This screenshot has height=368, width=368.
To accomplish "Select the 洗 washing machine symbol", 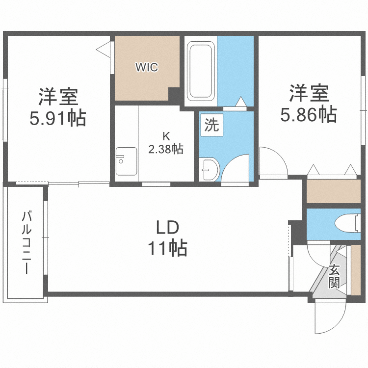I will (x=211, y=125).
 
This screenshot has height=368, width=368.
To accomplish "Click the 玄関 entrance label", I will (x=334, y=276).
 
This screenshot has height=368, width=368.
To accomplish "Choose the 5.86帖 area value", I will (x=308, y=115).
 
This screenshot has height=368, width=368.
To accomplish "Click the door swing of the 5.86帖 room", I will (x=273, y=159).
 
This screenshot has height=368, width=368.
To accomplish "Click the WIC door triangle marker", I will (x=104, y=49).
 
